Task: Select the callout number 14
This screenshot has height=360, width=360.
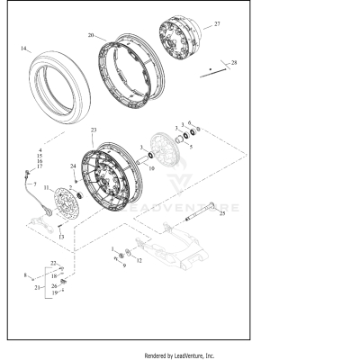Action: click(x=24, y=48)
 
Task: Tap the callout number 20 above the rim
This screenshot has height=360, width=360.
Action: click(x=91, y=35)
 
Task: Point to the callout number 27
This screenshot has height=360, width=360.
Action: click(x=216, y=24)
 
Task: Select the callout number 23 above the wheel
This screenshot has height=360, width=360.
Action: click(x=94, y=131)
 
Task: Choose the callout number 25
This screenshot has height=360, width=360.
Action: click(x=222, y=214)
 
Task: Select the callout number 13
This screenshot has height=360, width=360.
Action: click(x=60, y=237)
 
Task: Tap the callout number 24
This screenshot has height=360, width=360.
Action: click(x=73, y=166)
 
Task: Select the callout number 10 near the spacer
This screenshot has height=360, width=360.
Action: click(x=150, y=167)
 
